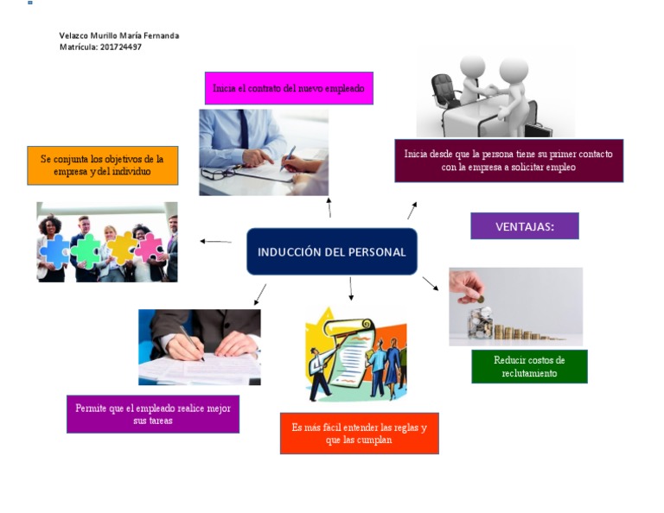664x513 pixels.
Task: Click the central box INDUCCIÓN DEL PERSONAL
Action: tap(332, 251)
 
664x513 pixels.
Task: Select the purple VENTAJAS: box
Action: tap(524, 226)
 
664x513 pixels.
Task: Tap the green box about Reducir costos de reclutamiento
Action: tap(529, 366)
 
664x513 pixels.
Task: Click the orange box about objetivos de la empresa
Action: tap(102, 165)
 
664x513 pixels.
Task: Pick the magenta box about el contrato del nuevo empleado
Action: tap(289, 88)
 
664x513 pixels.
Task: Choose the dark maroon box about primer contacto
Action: tap(508, 161)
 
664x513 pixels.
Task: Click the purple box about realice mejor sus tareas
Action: tap(153, 414)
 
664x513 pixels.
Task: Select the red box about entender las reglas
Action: tap(359, 433)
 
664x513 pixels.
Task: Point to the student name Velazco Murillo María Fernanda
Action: tap(119, 35)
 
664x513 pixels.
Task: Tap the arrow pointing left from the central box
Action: tap(215, 242)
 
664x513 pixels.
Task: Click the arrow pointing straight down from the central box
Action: tap(351, 289)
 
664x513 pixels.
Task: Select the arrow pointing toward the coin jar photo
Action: tap(430, 283)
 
